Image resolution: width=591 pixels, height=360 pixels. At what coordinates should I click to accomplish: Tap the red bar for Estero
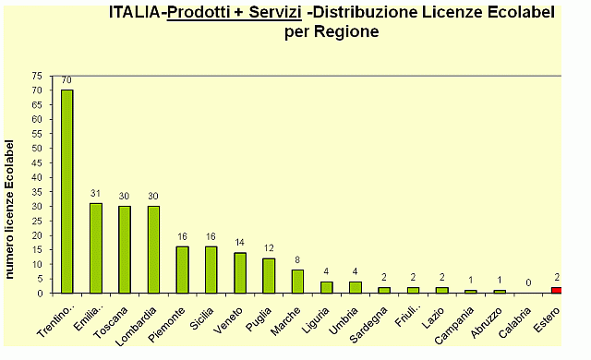coord(556,290)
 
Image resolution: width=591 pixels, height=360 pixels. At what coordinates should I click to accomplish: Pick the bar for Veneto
coord(240,272)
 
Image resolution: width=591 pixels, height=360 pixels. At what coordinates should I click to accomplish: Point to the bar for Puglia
coord(269,275)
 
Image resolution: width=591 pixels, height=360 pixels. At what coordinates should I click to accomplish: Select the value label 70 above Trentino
coord(67,81)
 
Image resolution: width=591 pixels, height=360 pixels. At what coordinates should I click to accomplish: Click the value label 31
coord(95,194)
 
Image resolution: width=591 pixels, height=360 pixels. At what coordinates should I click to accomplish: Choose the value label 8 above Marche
coord(297,261)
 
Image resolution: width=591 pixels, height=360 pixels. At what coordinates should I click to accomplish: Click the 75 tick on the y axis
coord(36,76)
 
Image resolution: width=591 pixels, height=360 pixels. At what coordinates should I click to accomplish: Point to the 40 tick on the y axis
coord(36,177)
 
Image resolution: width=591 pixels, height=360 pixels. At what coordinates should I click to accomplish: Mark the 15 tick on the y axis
coord(36,249)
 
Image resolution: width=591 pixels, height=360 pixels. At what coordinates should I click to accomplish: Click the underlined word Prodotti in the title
coord(203,13)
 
